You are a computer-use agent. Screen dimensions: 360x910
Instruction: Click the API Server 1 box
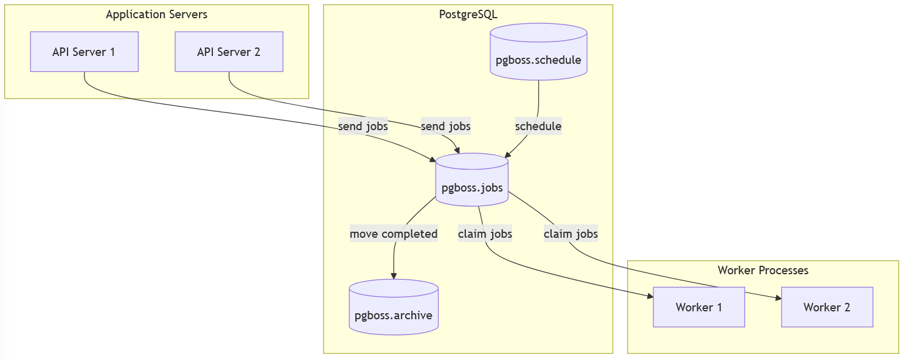(x=84, y=52)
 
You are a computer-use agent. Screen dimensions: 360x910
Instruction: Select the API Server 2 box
(x=229, y=52)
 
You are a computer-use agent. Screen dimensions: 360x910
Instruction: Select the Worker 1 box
(x=698, y=307)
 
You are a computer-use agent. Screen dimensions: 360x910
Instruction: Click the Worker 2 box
(x=827, y=307)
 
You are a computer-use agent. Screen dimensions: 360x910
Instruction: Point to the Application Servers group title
(x=156, y=15)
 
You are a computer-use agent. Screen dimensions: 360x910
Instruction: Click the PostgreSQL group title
(x=468, y=15)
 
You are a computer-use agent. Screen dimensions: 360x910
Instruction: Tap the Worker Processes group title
(x=763, y=271)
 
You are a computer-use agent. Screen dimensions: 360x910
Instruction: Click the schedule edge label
(x=538, y=126)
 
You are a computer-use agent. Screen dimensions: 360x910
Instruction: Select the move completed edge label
(x=394, y=234)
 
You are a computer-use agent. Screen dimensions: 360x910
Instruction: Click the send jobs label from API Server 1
(x=363, y=126)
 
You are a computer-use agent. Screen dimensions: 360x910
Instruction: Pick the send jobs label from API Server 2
(x=445, y=126)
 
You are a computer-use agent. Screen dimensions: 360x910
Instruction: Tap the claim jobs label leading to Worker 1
(x=485, y=234)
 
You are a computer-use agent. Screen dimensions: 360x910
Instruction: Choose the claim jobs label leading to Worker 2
(x=571, y=234)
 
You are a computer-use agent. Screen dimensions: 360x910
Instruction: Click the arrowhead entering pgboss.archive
(x=394, y=276)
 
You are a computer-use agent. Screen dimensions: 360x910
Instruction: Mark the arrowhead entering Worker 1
(x=650, y=297)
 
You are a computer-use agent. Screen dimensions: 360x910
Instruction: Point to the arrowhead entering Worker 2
(x=778, y=298)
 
